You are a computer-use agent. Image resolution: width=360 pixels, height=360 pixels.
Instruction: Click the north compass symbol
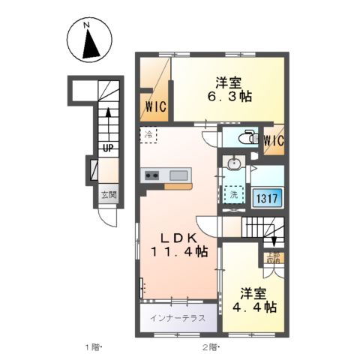click(90, 46)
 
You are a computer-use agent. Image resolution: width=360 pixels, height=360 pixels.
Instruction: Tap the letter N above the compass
click(87, 25)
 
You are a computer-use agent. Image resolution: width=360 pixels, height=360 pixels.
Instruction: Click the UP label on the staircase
click(108, 148)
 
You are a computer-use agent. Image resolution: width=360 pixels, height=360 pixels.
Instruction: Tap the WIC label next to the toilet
click(274, 139)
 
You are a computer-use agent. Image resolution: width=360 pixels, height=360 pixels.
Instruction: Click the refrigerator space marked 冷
click(148, 136)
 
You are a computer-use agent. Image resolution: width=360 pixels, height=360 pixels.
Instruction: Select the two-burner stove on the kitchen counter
click(151, 176)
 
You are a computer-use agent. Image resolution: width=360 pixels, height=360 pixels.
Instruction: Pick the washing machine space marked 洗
click(234, 194)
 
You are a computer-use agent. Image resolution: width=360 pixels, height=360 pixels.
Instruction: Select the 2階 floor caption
click(208, 346)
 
